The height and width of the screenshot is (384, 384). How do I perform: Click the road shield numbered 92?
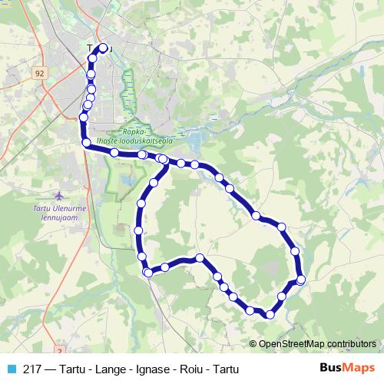pyautogui.click(x=39, y=73)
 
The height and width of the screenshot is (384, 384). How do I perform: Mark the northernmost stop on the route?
pyautogui.click(x=103, y=48)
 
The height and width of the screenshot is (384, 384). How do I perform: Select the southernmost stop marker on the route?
pyautogui.click(x=270, y=314)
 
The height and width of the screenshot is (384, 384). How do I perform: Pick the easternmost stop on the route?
pyautogui.click(x=300, y=280)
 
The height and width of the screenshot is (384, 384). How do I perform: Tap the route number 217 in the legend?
pyautogui.click(x=32, y=369)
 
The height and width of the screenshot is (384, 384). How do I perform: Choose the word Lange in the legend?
pyautogui.click(x=105, y=369)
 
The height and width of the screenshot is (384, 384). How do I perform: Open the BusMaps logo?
pyautogui.click(x=348, y=368)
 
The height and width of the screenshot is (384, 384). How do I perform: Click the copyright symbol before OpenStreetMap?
pyautogui.click(x=253, y=343)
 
